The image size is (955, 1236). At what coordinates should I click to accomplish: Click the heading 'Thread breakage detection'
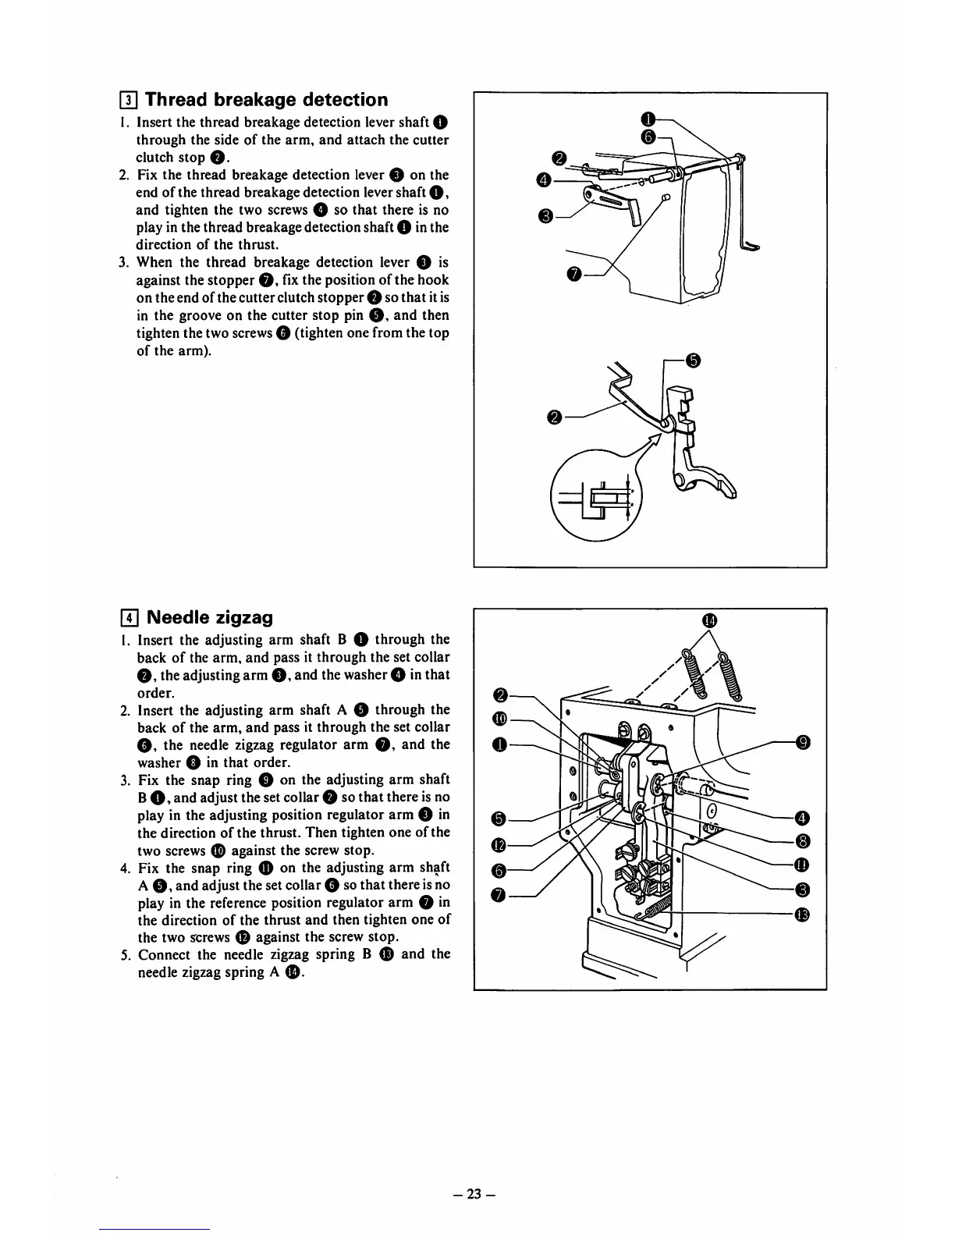click(x=266, y=100)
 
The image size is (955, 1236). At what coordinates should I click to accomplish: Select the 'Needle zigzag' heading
click(x=210, y=617)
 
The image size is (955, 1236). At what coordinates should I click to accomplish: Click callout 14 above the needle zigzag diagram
click(x=708, y=620)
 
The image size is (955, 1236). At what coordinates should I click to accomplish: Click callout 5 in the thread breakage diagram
click(x=692, y=360)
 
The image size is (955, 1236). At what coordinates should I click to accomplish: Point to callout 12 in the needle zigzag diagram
click(x=500, y=844)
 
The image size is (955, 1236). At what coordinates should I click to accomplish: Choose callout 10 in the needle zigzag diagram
click(x=500, y=718)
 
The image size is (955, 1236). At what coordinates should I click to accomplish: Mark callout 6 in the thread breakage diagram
click(x=647, y=137)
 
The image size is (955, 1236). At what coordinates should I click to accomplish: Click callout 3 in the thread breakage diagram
click(x=545, y=215)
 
